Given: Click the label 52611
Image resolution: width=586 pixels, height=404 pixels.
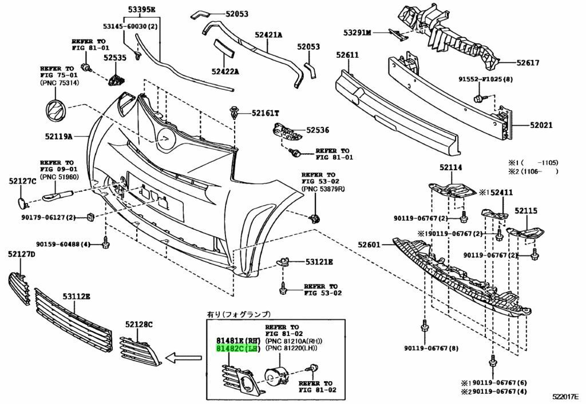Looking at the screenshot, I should (347, 55).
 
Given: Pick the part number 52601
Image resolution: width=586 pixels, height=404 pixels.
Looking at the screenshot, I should (370, 245).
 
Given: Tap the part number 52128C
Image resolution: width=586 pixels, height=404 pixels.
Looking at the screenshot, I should (139, 325).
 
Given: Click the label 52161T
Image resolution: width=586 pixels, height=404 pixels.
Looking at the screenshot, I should (265, 113).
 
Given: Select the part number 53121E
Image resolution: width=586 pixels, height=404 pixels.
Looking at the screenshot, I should (319, 262).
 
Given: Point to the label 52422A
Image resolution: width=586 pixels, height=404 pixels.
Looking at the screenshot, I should (225, 71).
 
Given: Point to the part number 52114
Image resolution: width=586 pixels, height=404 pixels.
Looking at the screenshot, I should (451, 168).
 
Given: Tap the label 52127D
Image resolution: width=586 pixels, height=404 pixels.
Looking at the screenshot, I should (22, 253).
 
